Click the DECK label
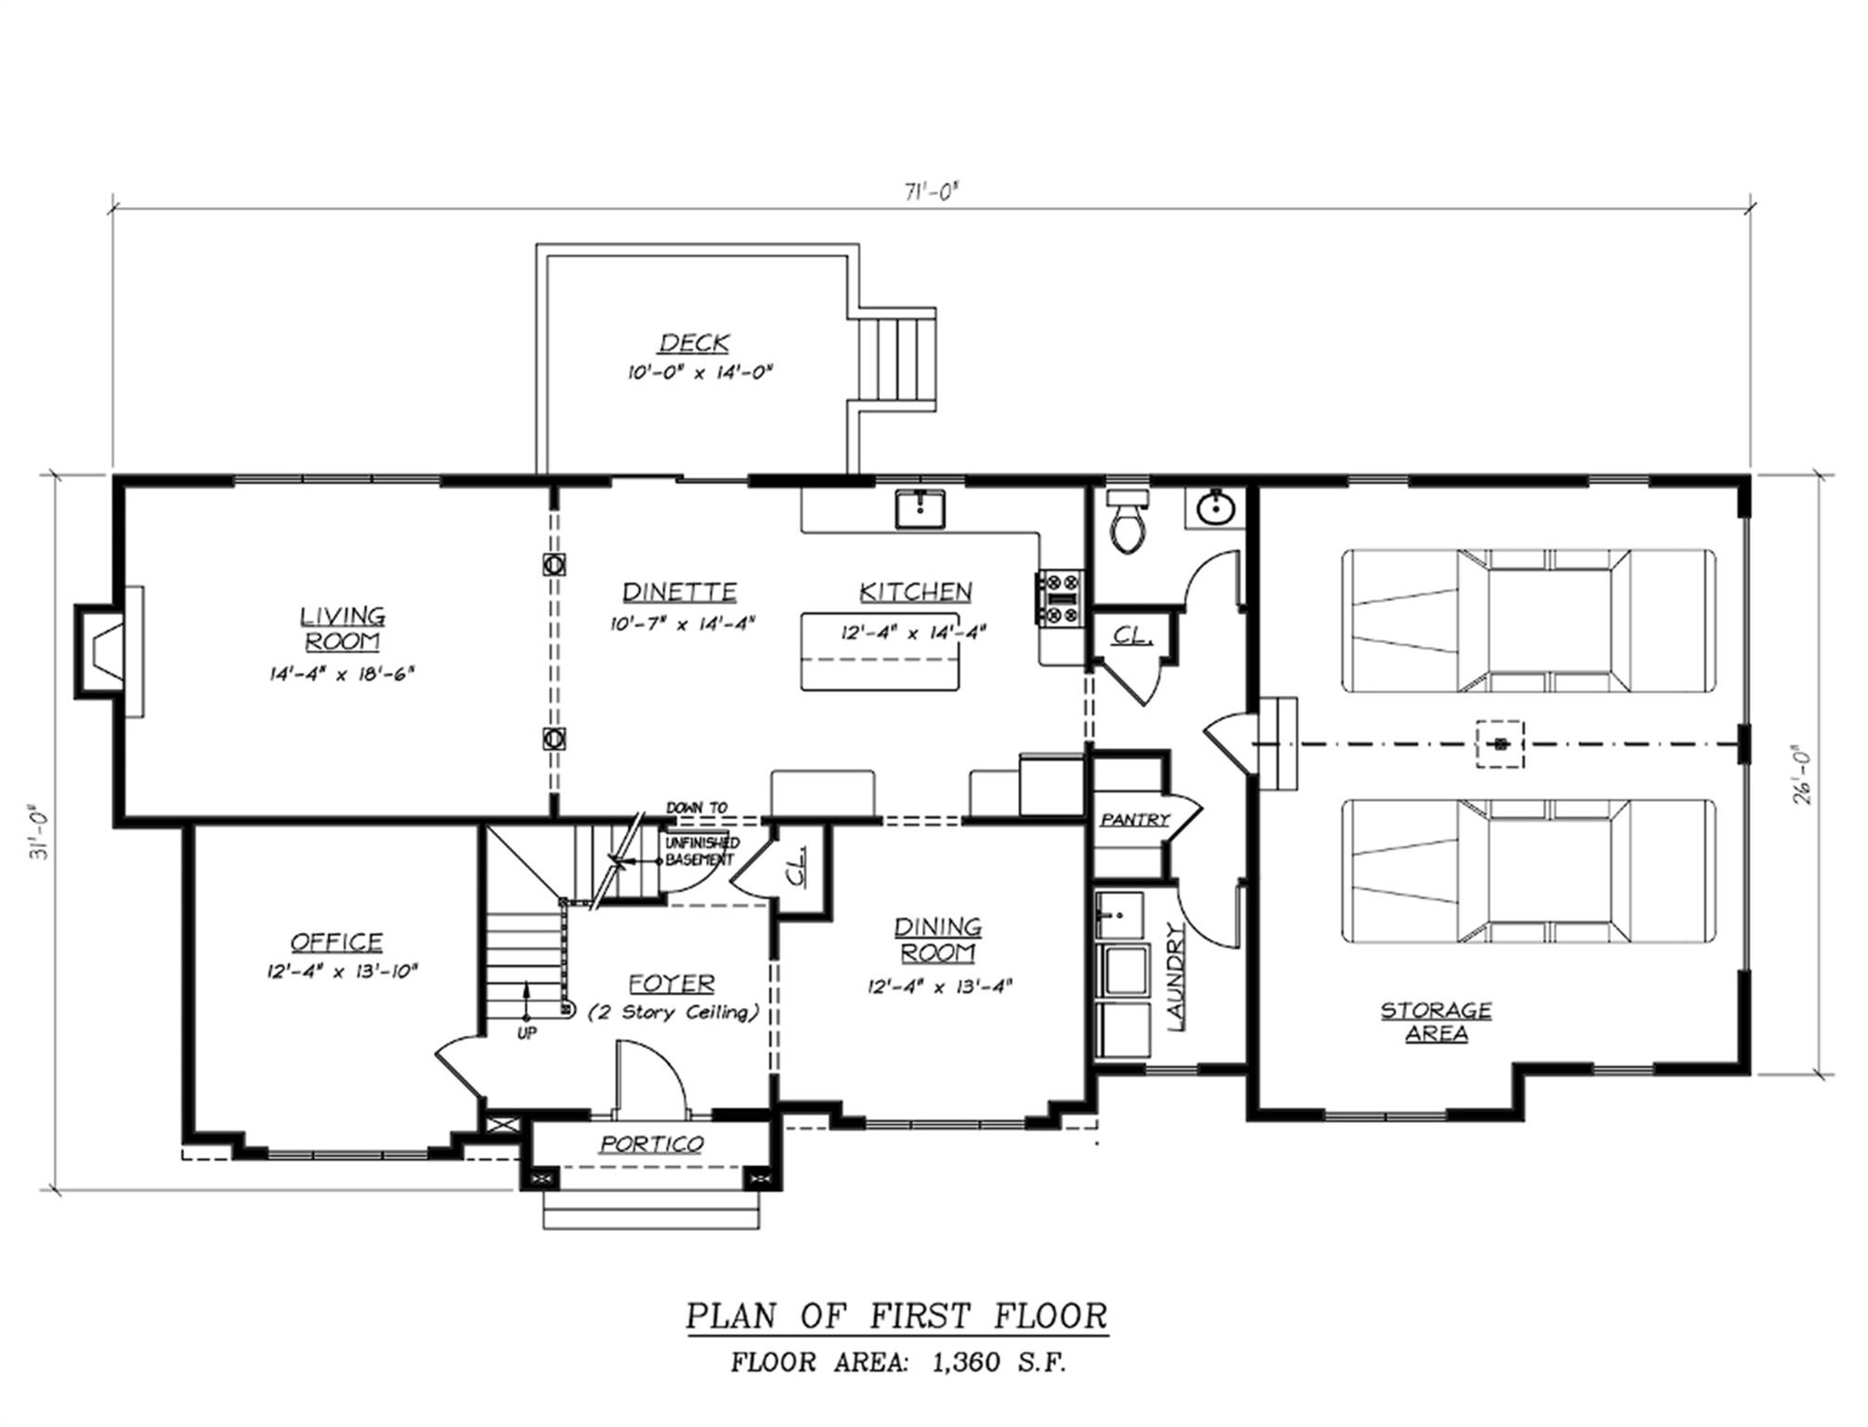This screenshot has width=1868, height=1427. click(694, 343)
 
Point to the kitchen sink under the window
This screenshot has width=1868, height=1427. click(920, 510)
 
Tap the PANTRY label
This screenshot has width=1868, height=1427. click(1134, 819)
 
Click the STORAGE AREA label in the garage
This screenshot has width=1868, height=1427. click(1435, 1021)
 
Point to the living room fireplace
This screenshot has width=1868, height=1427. click(105, 650)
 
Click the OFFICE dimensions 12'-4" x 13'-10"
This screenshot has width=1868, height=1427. click(341, 972)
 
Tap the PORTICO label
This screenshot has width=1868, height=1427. click(650, 1144)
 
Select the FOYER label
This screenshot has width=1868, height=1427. click(671, 983)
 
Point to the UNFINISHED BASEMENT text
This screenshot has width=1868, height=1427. click(702, 850)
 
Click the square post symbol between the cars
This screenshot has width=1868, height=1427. click(1499, 743)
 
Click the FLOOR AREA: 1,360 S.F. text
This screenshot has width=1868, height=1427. click(897, 1363)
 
